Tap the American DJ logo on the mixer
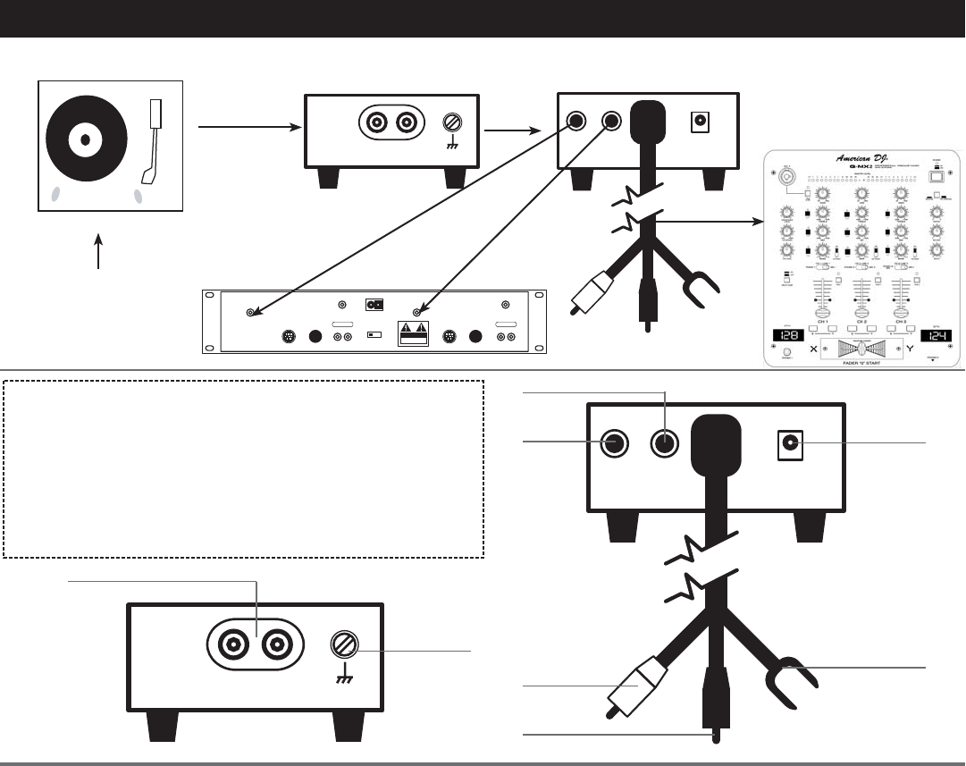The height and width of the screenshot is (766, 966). [863, 159]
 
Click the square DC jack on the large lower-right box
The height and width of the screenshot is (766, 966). [789, 442]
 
